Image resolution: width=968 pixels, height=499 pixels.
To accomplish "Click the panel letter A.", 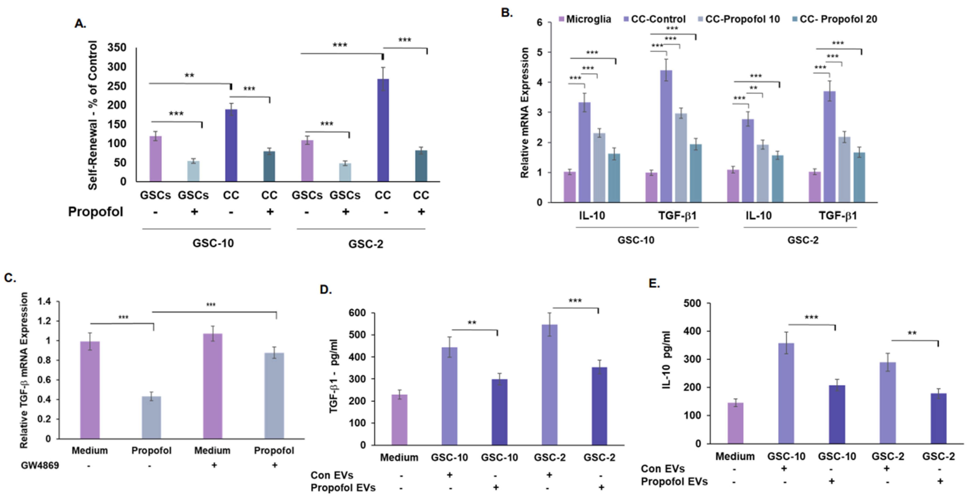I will point(80,24).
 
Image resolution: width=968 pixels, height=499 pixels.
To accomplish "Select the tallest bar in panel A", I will point(382,130).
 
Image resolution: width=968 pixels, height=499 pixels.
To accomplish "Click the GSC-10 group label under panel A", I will point(213,243).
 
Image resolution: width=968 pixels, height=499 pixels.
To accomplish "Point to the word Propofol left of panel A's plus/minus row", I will point(95,212).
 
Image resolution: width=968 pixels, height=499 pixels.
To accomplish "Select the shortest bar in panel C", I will point(151,417).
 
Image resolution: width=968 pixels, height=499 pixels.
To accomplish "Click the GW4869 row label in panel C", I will point(40,465).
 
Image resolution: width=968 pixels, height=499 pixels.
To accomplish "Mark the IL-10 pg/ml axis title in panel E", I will point(667,360).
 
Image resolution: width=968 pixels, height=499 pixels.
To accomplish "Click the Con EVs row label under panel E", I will point(663,469).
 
